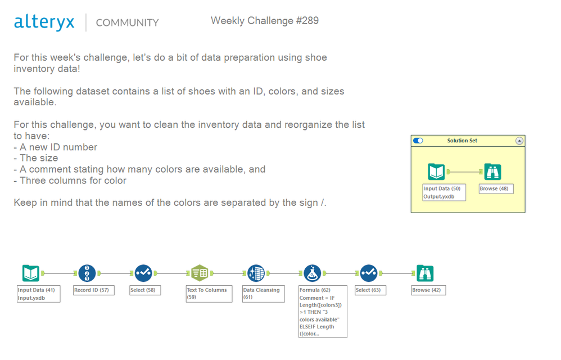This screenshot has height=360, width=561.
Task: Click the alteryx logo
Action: coord(44,22)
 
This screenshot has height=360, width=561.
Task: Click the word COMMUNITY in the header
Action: coord(127,23)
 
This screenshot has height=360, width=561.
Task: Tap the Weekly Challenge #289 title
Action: coord(264,21)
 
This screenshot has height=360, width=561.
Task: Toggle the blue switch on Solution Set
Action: coord(418,141)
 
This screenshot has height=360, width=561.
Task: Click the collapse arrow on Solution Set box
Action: coord(519,141)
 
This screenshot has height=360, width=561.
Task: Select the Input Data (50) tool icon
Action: coord(436,172)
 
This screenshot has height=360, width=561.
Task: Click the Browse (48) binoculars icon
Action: coord(492,172)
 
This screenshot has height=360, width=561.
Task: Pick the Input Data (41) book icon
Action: coord(31,273)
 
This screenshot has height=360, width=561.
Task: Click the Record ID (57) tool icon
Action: coord(87,273)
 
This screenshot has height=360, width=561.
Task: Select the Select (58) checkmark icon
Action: coord(143,273)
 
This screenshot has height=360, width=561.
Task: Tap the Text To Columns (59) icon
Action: coord(200,273)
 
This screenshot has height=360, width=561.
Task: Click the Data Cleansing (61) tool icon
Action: coord(256,273)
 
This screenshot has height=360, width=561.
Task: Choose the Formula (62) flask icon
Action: coord(313,273)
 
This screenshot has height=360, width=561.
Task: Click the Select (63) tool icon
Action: coord(369,273)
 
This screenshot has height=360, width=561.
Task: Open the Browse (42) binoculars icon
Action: coord(425,273)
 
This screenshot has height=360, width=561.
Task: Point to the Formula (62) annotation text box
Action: coord(323,311)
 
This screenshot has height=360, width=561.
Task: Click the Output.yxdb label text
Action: coord(439,196)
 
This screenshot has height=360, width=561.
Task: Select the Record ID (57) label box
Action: coord(94,290)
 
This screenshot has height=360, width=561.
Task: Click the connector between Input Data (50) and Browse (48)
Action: coord(464,172)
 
